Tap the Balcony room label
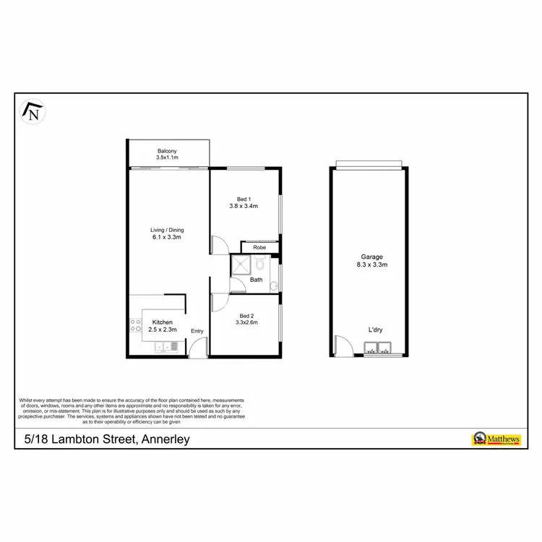(x=167, y=151)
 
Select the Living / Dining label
(x=167, y=230)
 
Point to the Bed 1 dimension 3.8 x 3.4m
(x=244, y=206)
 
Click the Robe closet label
(x=259, y=247)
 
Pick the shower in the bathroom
(x=239, y=266)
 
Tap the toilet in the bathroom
(x=259, y=264)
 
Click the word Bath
(x=257, y=280)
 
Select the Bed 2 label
(x=246, y=316)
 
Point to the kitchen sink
(x=165, y=348)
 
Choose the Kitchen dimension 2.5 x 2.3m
(x=163, y=330)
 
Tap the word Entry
(x=197, y=331)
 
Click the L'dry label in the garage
(x=375, y=330)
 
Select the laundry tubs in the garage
(x=378, y=353)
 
